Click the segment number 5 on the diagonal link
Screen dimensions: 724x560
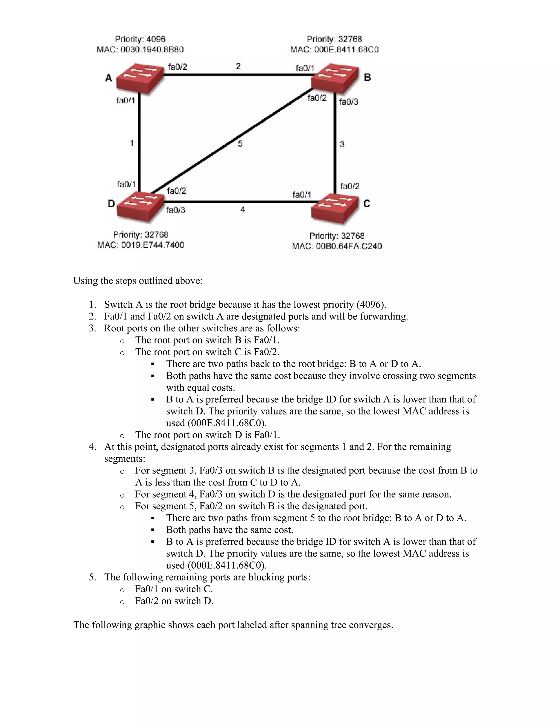(240, 143)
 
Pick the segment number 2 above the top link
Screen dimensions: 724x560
(238, 66)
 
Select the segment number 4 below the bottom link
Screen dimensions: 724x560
(243, 210)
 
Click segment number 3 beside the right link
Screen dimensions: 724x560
(342, 144)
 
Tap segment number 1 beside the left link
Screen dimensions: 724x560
(131, 143)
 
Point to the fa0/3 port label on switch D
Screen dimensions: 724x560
(176, 210)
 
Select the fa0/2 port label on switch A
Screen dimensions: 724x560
(177, 67)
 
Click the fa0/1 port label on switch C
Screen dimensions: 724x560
(302, 195)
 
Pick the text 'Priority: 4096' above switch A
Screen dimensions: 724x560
(140, 39)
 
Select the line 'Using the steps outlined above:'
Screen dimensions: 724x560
(138, 281)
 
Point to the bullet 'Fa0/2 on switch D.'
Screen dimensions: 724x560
(174, 601)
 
